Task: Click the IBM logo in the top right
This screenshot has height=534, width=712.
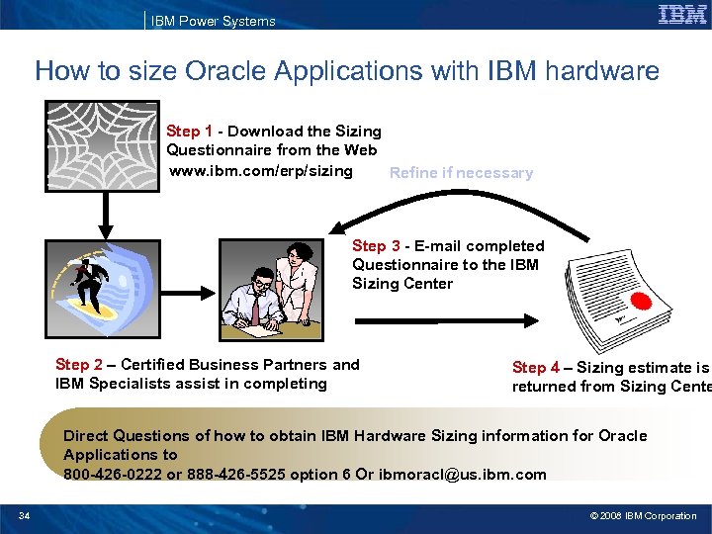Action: (682, 15)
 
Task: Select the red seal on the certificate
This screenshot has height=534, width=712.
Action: (642, 302)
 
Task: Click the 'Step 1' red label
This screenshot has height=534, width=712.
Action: (189, 132)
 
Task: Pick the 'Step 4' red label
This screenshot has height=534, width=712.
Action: (535, 368)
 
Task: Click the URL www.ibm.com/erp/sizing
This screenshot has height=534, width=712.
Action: (261, 171)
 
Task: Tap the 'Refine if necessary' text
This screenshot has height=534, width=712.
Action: (461, 173)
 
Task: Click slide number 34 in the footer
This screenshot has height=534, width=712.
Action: (25, 516)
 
